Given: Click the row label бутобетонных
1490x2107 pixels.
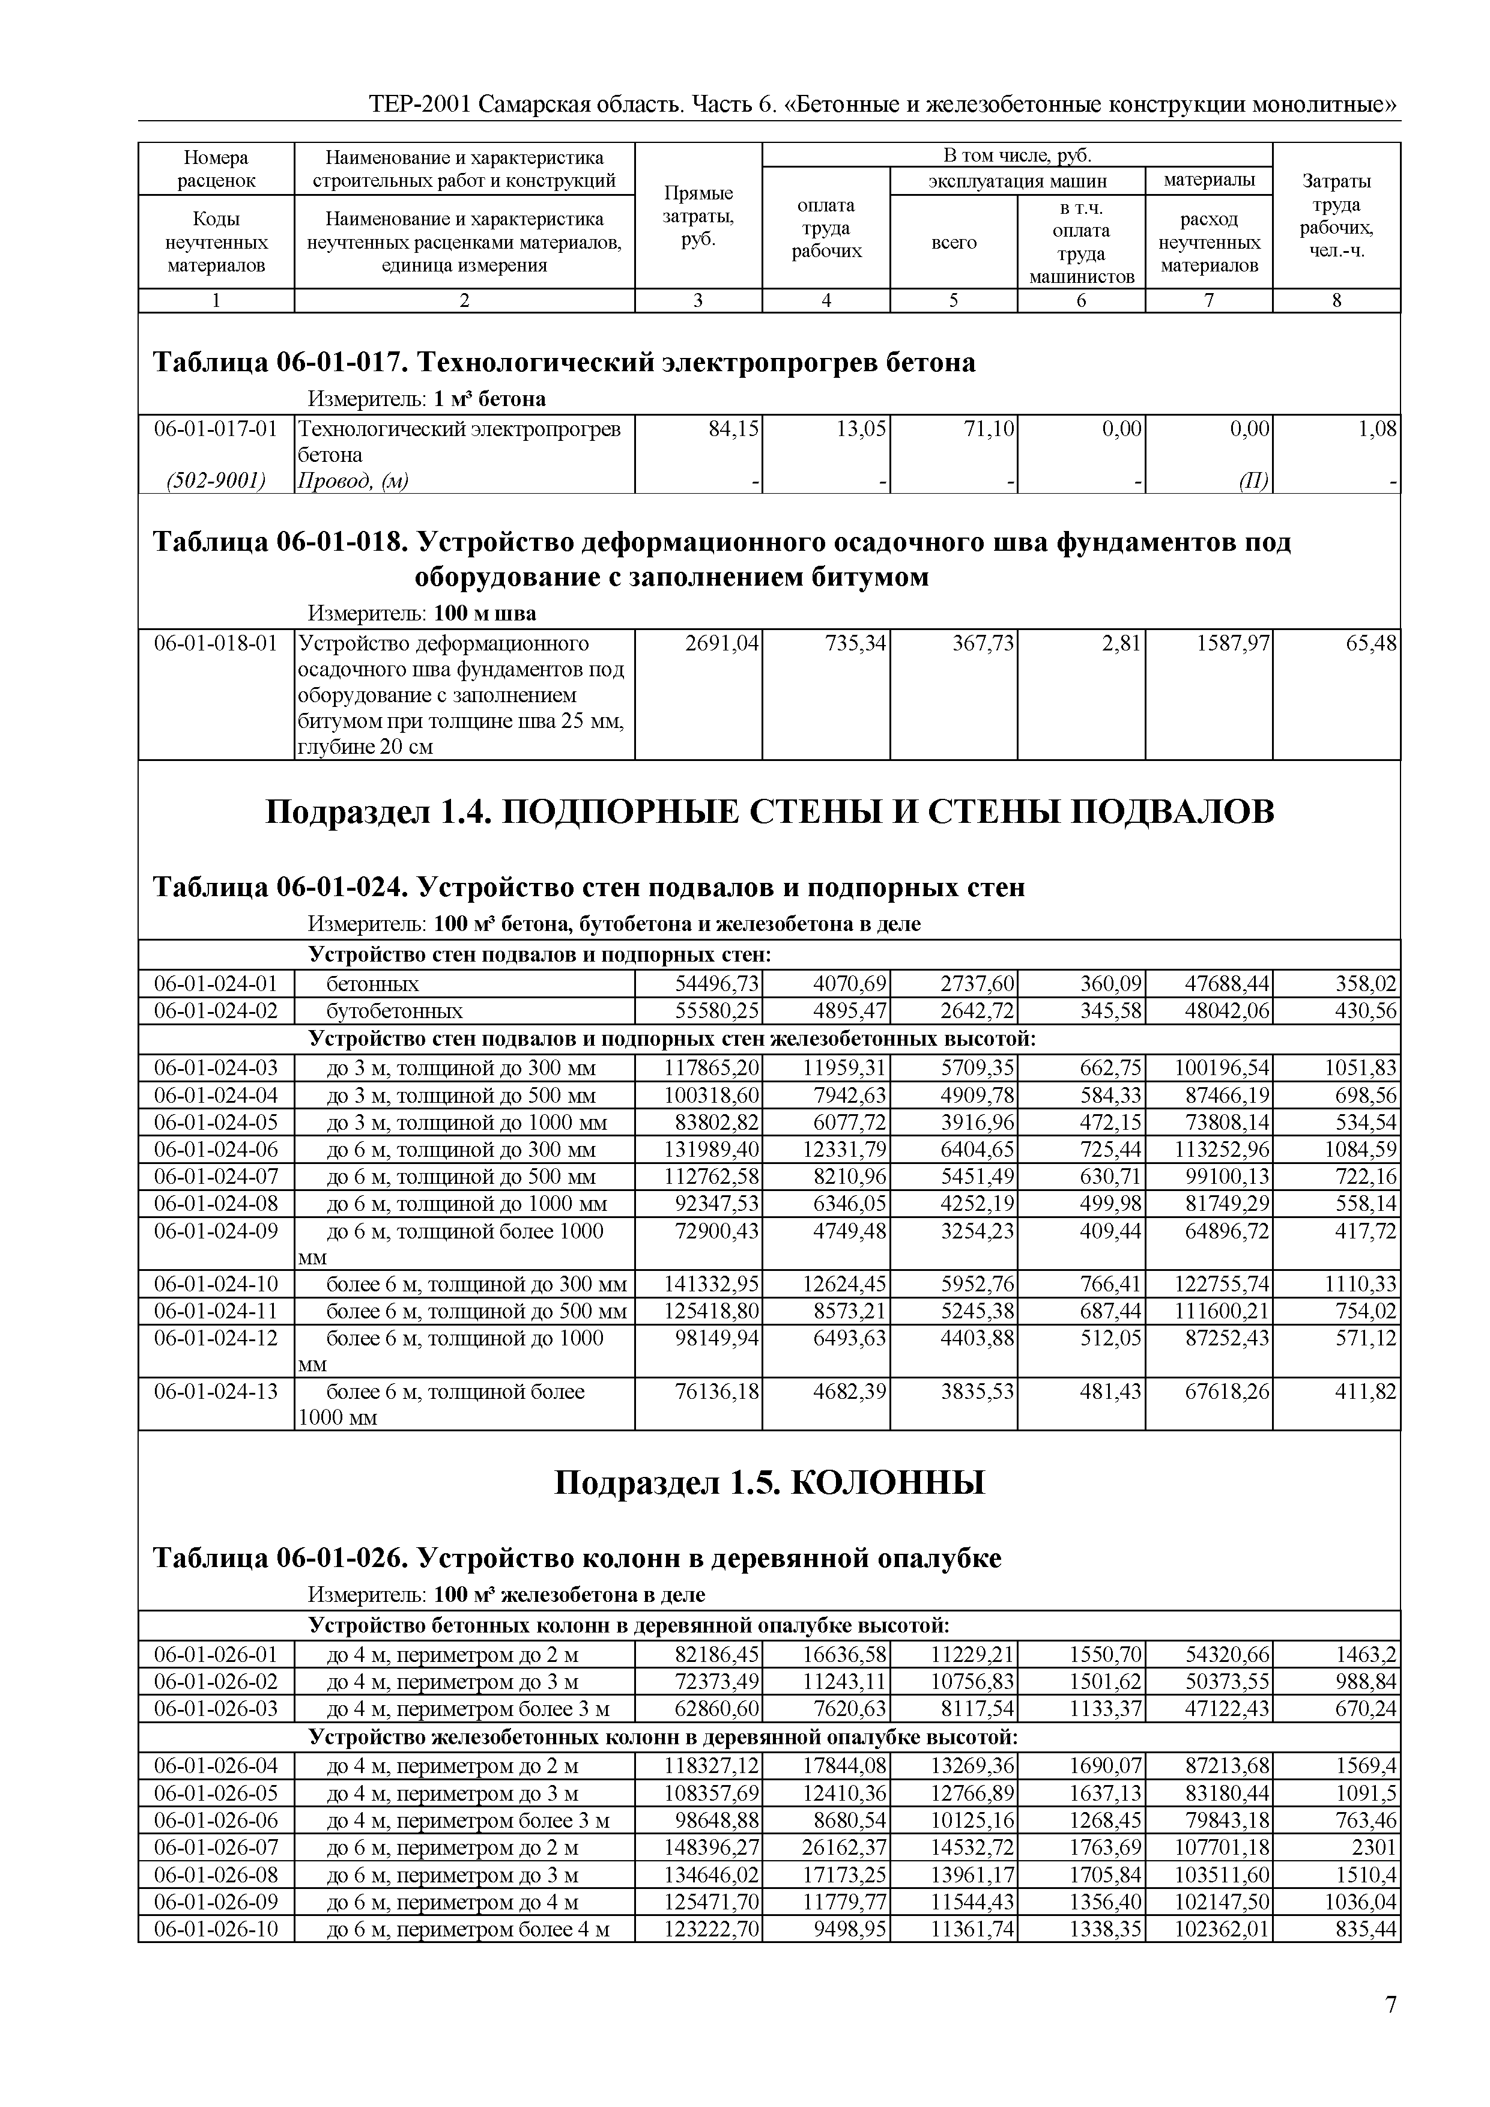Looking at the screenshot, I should pyautogui.click(x=395, y=1011).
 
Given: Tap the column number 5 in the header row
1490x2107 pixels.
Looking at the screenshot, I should pyautogui.click(x=953, y=300).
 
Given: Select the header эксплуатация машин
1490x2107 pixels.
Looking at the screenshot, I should pyautogui.click(x=1017, y=181).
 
